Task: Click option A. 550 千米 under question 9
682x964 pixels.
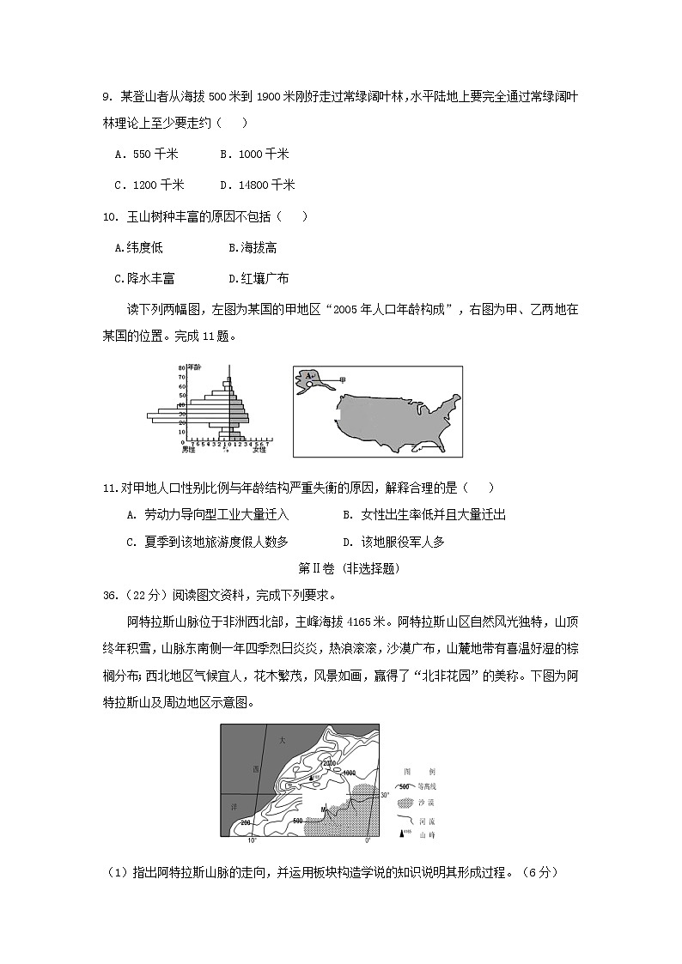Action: tap(146, 155)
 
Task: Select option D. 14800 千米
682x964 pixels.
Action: tap(257, 185)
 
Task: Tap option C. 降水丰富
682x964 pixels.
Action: tap(144, 278)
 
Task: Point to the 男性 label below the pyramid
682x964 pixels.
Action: tap(188, 449)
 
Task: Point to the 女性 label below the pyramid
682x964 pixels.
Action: tap(259, 449)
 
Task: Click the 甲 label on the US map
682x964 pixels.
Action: tap(344, 379)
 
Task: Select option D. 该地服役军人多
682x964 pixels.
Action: tap(393, 542)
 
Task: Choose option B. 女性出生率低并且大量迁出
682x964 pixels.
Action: tap(424, 514)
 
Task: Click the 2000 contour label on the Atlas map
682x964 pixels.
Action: tap(329, 762)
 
